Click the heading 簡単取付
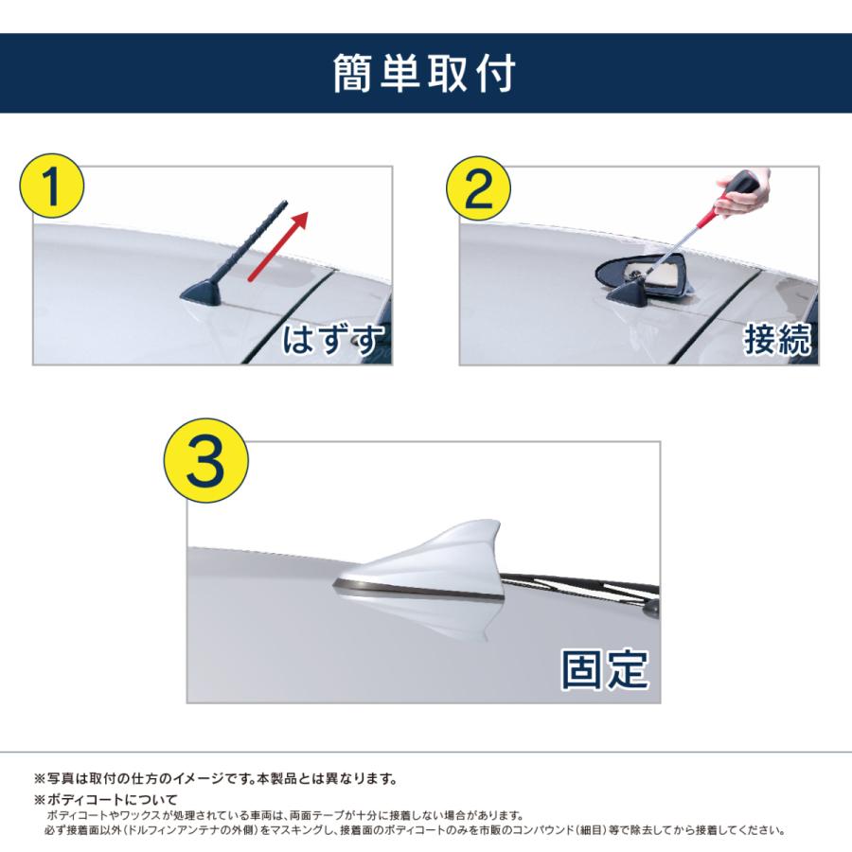(x=425, y=74)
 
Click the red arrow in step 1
(x=279, y=245)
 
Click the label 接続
(x=777, y=339)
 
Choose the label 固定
(x=604, y=668)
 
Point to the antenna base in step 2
(x=630, y=295)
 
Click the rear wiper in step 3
(x=587, y=581)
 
